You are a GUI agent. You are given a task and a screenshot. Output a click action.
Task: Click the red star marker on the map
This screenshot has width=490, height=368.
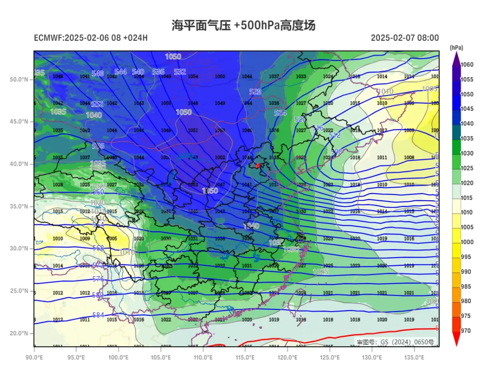(258, 165)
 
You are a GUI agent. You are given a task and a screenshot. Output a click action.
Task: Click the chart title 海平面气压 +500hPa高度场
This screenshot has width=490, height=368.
(243, 25)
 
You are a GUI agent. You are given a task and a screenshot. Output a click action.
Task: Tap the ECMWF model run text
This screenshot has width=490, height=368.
(91, 38)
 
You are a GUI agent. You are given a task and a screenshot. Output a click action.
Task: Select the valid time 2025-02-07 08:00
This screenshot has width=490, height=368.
(405, 38)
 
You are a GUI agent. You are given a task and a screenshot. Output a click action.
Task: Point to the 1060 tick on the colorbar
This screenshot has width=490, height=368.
(467, 65)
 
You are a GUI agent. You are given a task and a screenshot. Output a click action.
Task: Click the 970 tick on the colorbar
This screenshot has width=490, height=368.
(466, 331)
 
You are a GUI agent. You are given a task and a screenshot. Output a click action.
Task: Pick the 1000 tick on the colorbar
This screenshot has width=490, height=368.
(467, 242)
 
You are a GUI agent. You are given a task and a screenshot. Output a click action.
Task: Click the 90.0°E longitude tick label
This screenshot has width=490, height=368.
(34, 357)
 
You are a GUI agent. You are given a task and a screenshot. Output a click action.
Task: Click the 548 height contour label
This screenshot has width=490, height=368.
(98, 74)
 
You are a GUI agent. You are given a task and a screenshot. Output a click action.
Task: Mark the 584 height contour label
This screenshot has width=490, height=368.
(98, 315)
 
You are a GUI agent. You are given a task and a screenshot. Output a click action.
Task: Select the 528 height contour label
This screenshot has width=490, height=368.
(255, 92)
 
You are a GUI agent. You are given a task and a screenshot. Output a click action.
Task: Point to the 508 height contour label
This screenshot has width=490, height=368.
(337, 152)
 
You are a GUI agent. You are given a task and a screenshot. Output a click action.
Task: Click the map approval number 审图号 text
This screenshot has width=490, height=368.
(395, 342)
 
